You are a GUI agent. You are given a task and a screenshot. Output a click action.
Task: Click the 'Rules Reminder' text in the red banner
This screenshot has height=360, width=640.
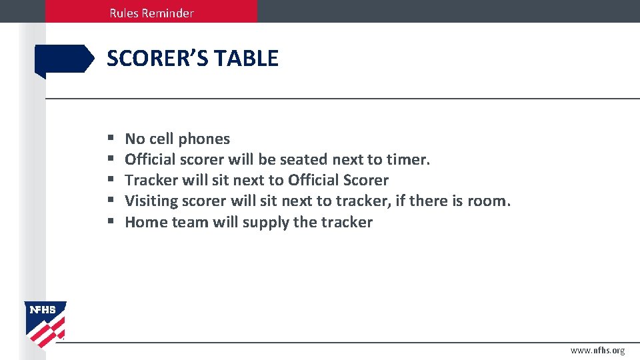[x=152, y=13]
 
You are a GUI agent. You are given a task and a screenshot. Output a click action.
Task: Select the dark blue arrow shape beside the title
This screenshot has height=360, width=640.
[x=64, y=59]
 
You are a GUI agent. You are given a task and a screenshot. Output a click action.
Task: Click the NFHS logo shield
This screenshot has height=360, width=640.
[x=45, y=324]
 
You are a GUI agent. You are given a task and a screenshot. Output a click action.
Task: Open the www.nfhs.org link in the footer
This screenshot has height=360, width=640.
[x=597, y=350]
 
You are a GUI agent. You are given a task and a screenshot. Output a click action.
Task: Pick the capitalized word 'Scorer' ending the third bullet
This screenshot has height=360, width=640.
[x=366, y=181]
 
